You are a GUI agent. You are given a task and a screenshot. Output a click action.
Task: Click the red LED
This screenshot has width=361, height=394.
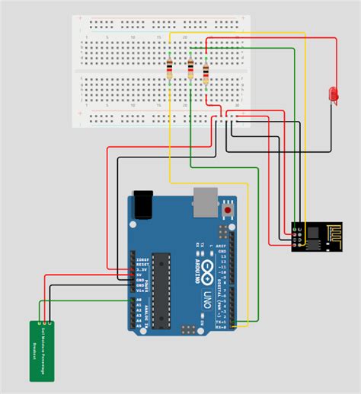pos(332,94)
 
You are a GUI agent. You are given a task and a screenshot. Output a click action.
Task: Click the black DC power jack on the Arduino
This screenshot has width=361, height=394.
pos(143,203)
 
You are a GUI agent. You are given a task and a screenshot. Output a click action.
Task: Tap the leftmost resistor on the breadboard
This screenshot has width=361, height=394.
pos(168,71)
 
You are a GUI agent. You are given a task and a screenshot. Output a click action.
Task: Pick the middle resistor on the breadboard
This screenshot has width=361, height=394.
pos(189,71)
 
